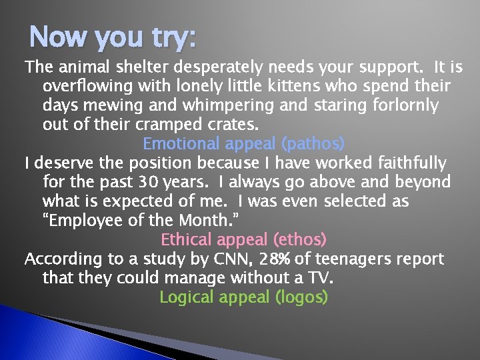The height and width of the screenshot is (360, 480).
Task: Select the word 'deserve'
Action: pyautogui.click(x=65, y=163)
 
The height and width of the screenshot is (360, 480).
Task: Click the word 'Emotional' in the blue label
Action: pyautogui.click(x=181, y=143)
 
